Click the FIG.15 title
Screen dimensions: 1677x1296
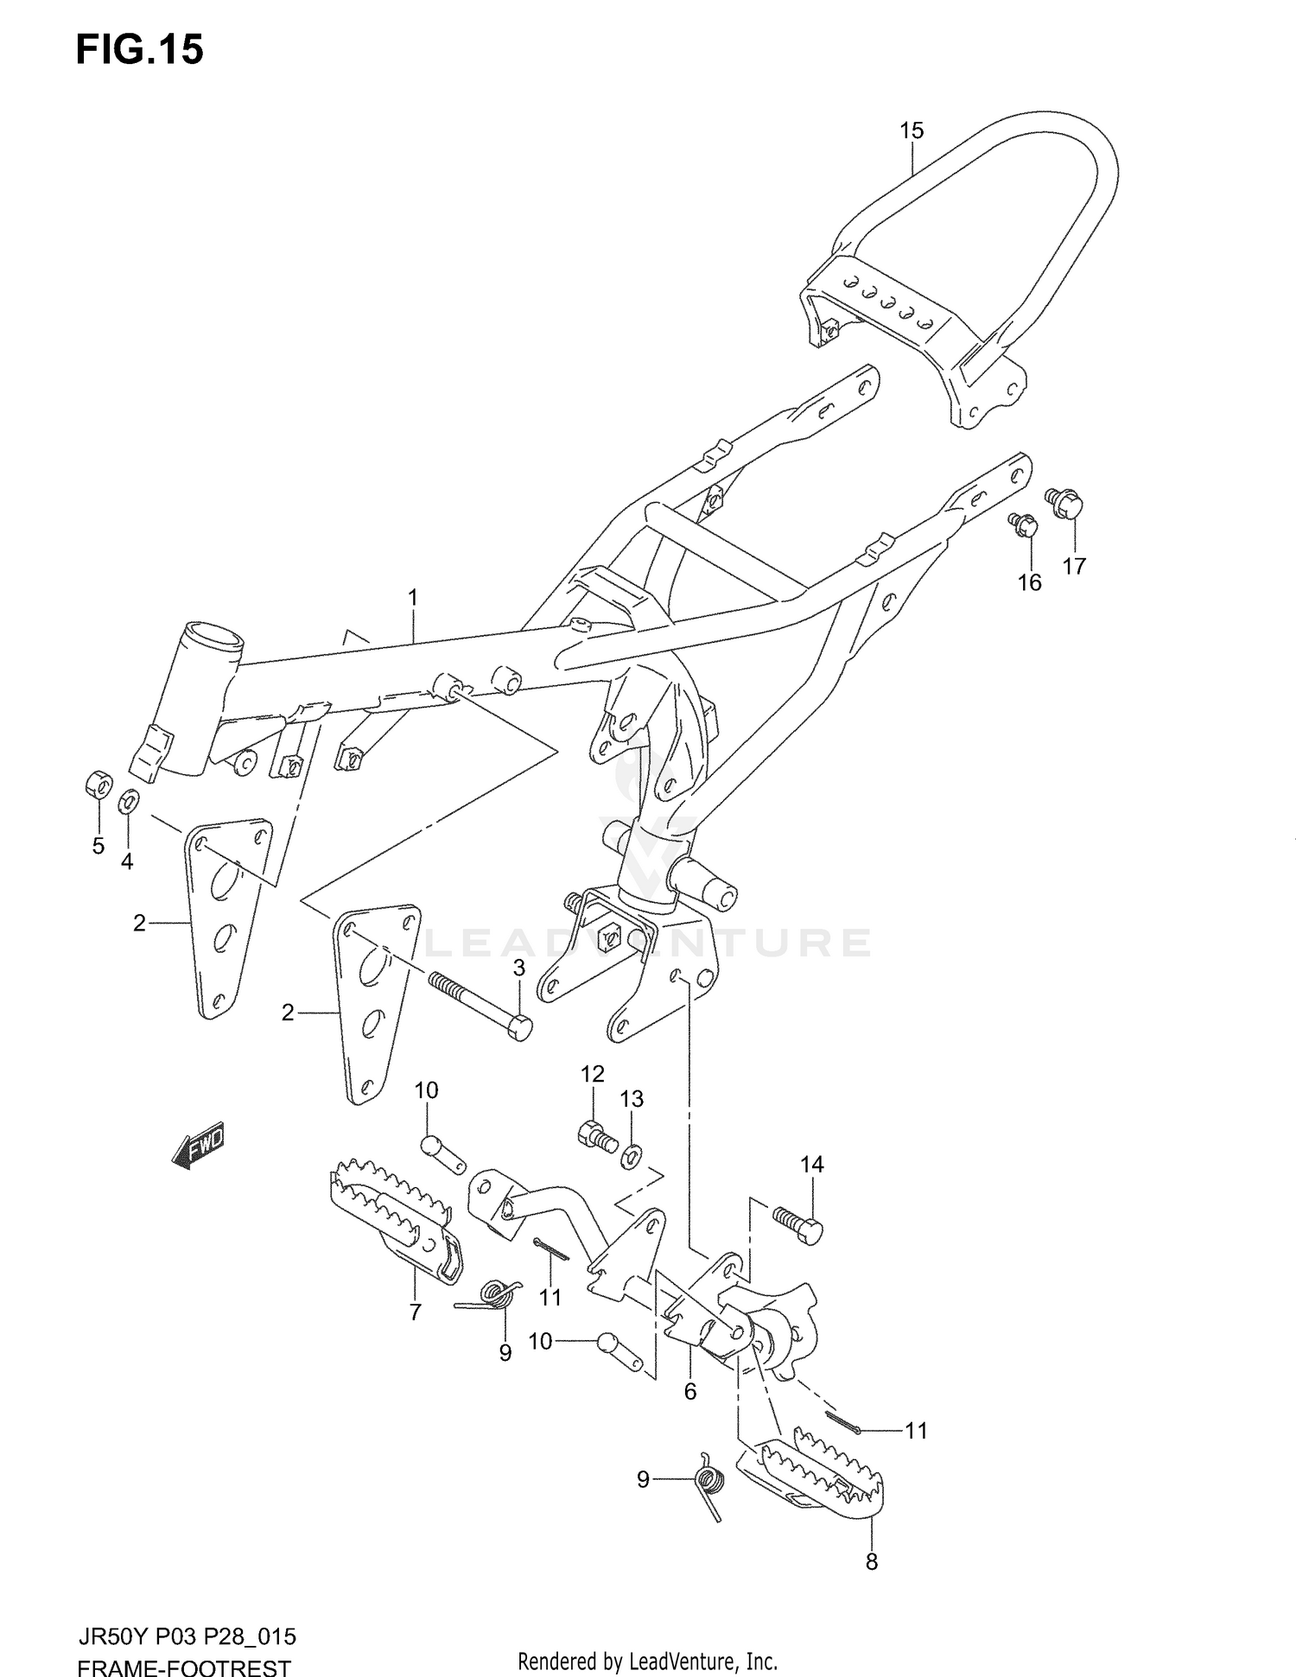pos(140,49)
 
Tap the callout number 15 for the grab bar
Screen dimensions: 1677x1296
pos(912,130)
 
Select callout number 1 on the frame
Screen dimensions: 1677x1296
pos(413,597)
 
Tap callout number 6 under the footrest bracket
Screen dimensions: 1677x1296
pos(689,1391)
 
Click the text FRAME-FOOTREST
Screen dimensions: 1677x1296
pos(184,1663)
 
